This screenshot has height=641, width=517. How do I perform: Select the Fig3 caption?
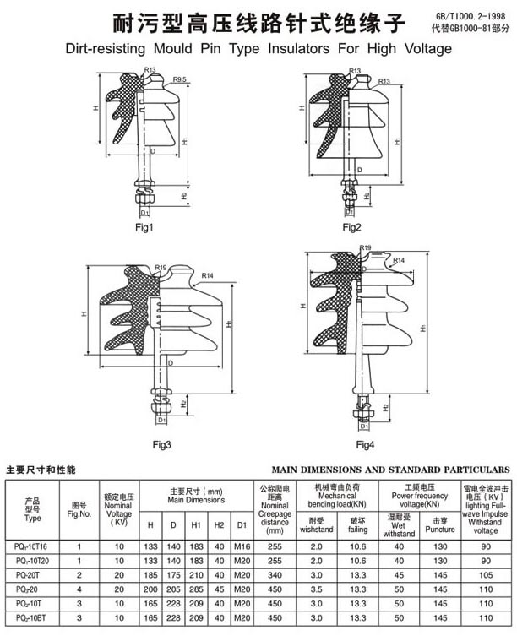point(162,445)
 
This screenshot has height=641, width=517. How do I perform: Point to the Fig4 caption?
point(365,445)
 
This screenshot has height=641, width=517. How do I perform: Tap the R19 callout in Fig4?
point(365,247)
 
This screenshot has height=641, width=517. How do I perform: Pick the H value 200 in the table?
point(150,587)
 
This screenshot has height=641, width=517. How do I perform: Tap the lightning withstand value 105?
point(486,573)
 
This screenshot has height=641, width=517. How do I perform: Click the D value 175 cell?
point(173,573)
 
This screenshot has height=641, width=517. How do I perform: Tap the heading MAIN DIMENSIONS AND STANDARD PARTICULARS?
point(390,468)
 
